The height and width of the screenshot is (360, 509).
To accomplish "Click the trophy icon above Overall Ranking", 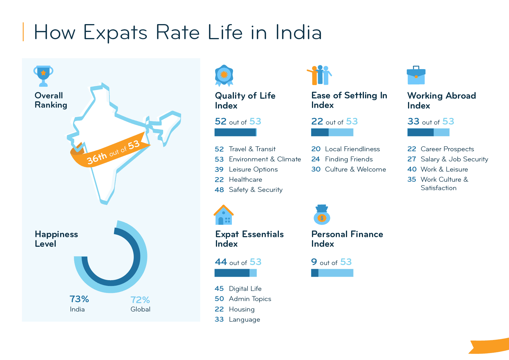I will click(x=43, y=76).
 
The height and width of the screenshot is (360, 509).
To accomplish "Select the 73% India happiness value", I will click(x=79, y=299).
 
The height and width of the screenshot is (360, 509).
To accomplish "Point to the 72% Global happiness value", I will click(x=140, y=300).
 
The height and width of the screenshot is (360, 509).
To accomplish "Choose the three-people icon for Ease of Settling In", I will click(x=320, y=75).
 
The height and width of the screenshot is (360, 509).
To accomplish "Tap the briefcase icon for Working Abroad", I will click(x=416, y=75).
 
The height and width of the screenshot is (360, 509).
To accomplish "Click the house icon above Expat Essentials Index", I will click(x=224, y=215).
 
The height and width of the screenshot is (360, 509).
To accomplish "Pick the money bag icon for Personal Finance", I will click(x=322, y=215).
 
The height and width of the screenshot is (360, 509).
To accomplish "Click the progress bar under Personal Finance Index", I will click(x=332, y=273).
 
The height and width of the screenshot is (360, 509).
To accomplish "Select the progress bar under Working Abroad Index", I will click(x=428, y=132).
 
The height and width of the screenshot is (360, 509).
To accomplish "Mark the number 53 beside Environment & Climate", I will click(x=219, y=159).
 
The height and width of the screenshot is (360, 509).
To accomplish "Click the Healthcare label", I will click(x=245, y=180).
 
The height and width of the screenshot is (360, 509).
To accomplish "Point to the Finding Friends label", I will click(x=349, y=159).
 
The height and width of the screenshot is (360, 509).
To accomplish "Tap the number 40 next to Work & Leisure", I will click(x=412, y=169).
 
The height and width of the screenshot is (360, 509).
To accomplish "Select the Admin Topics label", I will click(x=250, y=299).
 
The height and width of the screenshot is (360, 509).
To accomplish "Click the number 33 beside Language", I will click(x=219, y=319).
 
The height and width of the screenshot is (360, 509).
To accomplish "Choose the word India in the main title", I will click(x=298, y=32).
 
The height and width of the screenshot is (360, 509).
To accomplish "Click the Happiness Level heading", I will click(x=56, y=239).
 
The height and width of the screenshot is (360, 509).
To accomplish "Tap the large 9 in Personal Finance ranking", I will click(x=314, y=262).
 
